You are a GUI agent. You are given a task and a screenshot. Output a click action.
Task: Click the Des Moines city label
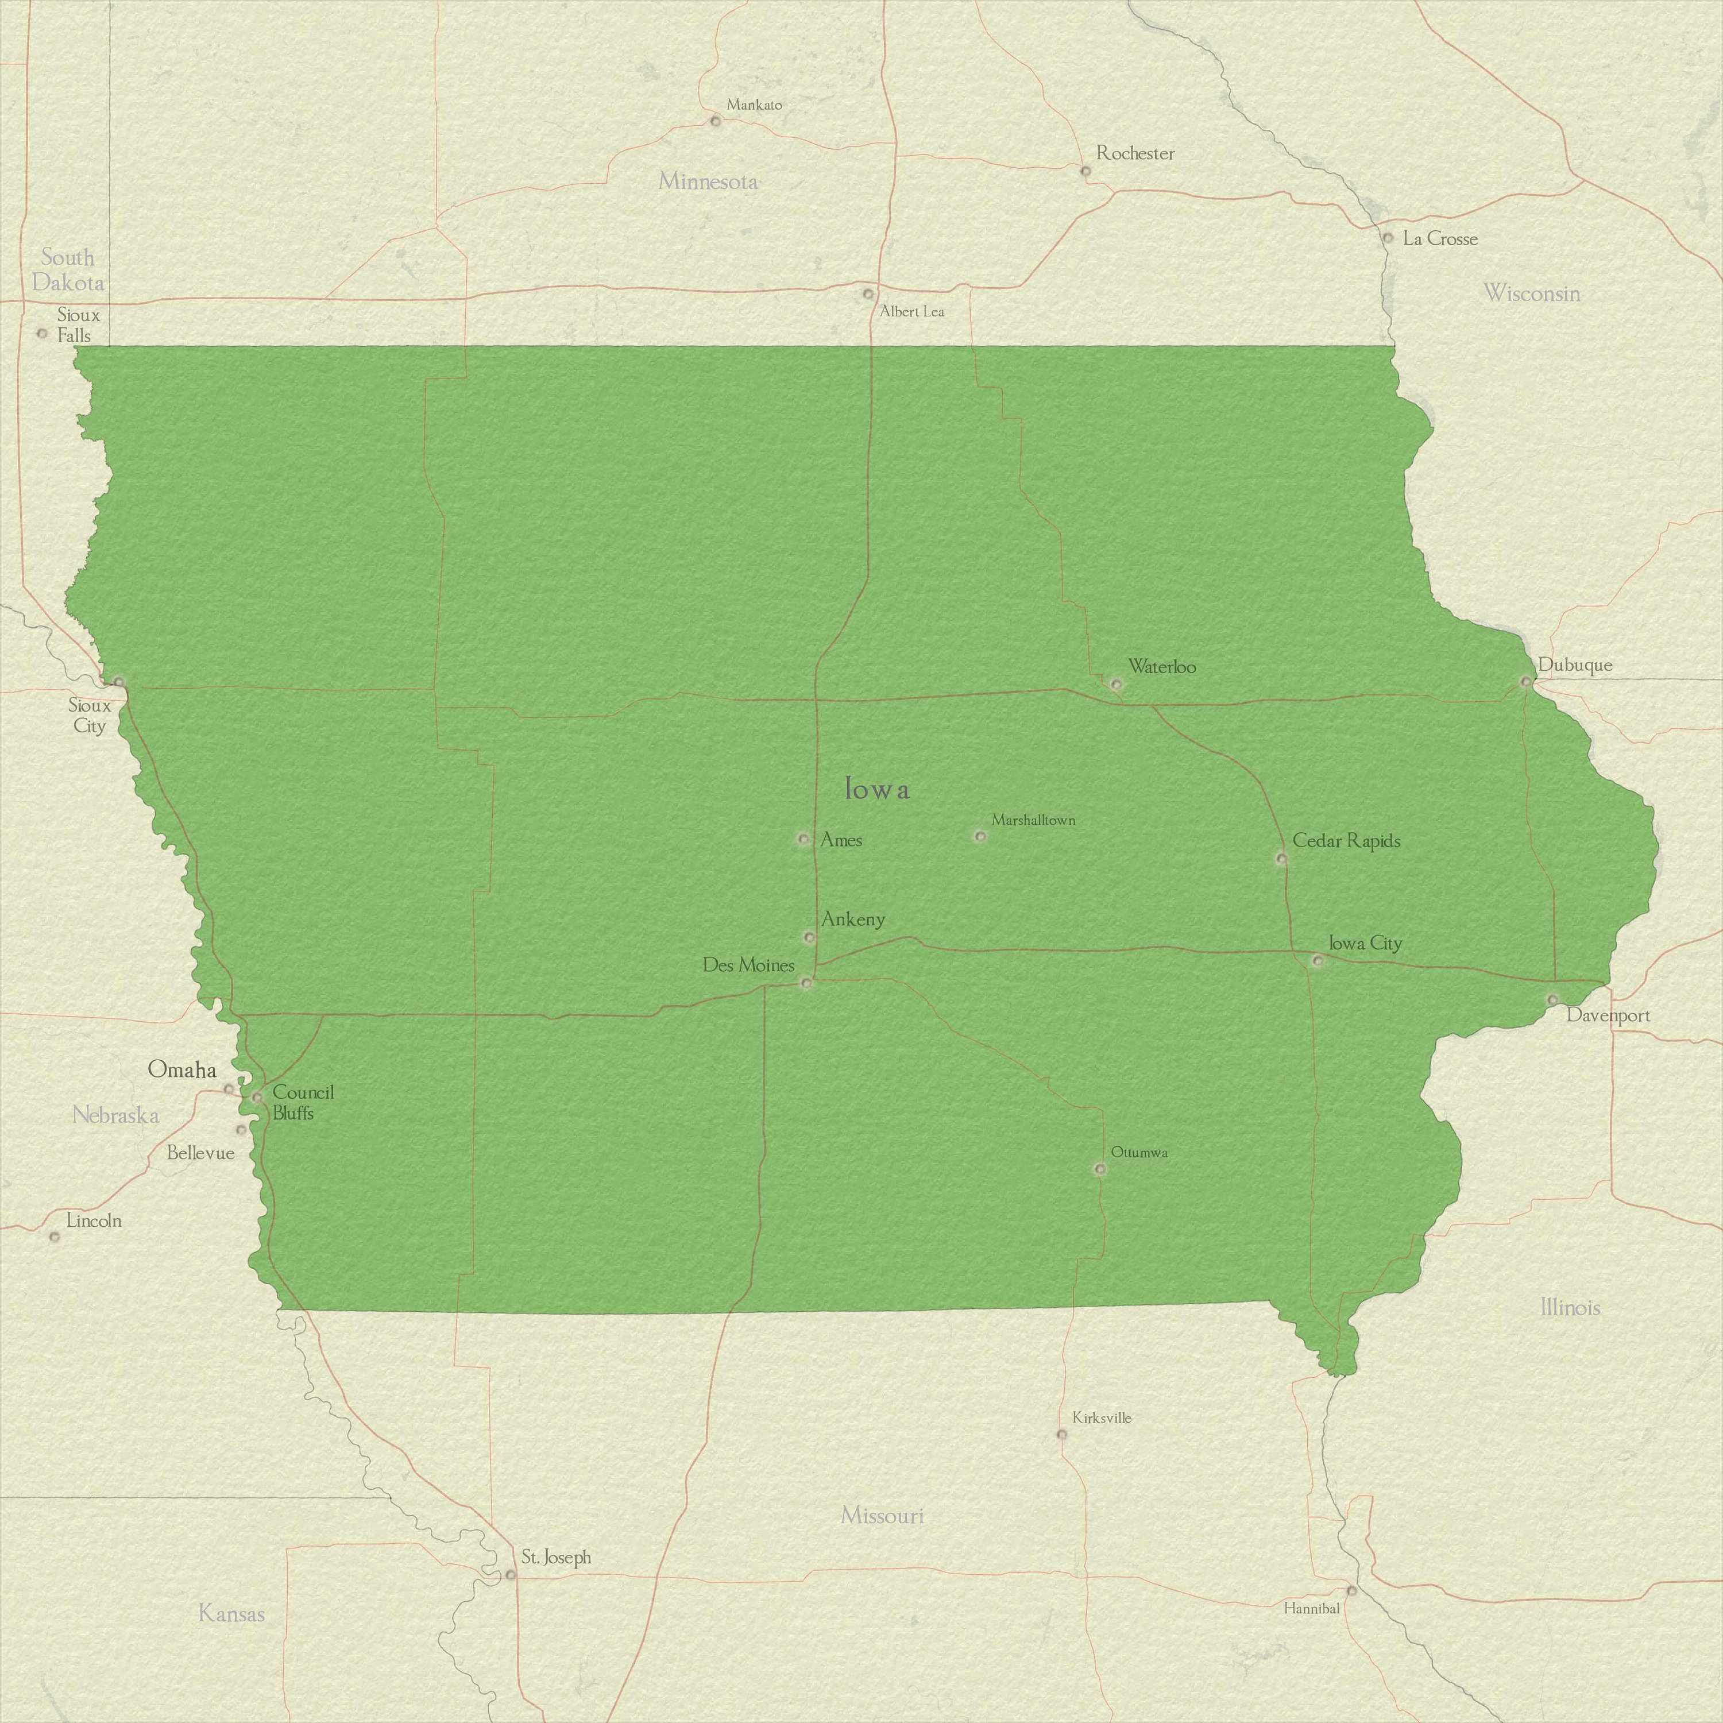pos(748,965)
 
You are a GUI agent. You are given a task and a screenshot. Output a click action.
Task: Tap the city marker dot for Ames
pos(803,839)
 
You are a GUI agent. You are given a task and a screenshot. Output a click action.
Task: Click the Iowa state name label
pos(878,789)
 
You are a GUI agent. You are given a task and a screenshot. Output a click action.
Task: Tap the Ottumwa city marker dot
pos(1100,1168)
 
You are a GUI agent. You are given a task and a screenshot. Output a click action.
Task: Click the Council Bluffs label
pos(303,1102)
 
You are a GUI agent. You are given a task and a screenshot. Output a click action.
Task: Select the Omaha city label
pos(182,1069)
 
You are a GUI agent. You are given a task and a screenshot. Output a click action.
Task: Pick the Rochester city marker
pos(1085,171)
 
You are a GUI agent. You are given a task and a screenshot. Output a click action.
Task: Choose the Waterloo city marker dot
pos(1116,684)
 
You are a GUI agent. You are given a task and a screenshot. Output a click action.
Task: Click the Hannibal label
pos(1311,1608)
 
